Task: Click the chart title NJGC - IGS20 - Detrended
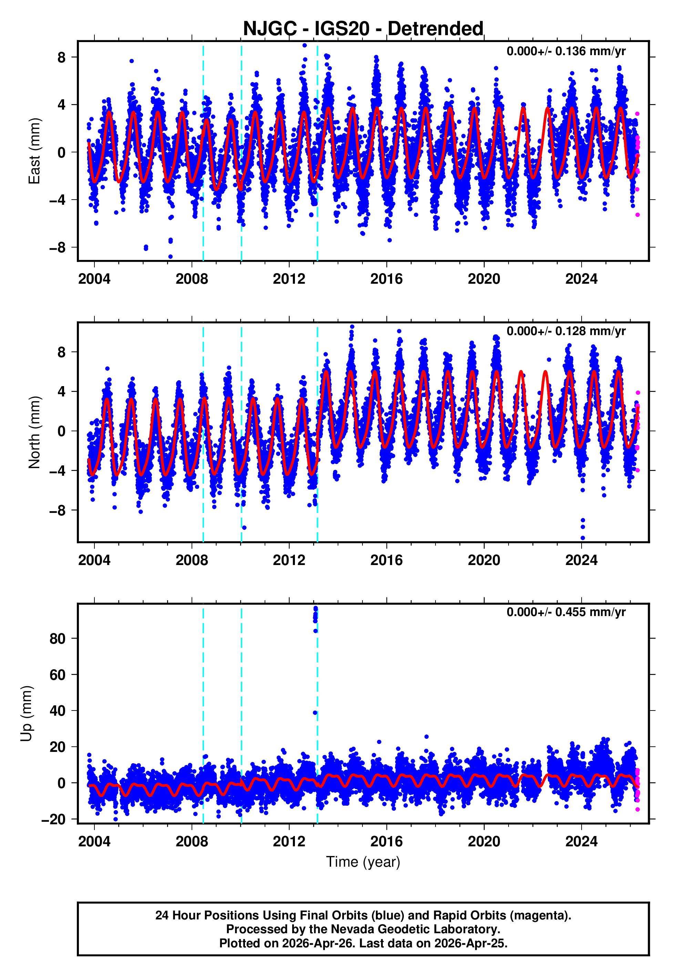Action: click(x=363, y=29)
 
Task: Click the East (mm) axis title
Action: click(x=34, y=151)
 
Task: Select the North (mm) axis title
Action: click(x=34, y=432)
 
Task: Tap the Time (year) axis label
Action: click(x=363, y=862)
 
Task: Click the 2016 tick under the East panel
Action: click(x=386, y=279)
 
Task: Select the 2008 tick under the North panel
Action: click(x=192, y=560)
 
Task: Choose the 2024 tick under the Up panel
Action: click(x=581, y=842)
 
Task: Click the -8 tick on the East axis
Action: click(x=57, y=248)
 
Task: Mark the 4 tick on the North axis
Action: click(x=61, y=392)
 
